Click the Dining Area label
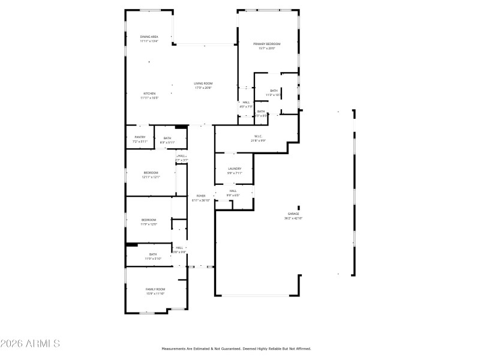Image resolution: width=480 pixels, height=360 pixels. click(x=149, y=37)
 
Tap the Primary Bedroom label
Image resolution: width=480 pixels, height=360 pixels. click(x=267, y=44)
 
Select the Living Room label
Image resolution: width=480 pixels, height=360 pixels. click(x=203, y=83)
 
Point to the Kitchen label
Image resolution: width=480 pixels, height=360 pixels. click(x=149, y=94)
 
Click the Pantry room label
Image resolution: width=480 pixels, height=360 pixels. click(x=140, y=137)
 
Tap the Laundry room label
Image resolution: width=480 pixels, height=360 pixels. click(x=234, y=169)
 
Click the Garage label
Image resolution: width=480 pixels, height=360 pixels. click(x=293, y=214)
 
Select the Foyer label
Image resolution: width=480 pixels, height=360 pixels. click(x=200, y=196)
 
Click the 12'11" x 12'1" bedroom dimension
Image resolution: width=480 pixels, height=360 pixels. click(x=151, y=177)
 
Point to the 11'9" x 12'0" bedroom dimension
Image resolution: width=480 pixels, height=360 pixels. click(x=149, y=224)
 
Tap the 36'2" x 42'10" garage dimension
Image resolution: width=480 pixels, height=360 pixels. click(x=293, y=218)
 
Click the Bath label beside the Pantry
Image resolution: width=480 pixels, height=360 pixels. click(x=167, y=138)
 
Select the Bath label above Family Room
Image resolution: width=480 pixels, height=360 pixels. click(x=153, y=254)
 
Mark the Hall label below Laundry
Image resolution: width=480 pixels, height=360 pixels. click(x=233, y=191)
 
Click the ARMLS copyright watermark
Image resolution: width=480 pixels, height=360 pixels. click(x=30, y=344)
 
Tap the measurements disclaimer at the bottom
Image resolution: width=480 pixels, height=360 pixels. click(x=236, y=349)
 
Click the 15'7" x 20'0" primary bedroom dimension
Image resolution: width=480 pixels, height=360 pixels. click(x=267, y=49)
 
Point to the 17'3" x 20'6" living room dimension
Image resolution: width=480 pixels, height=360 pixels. click(x=203, y=88)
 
